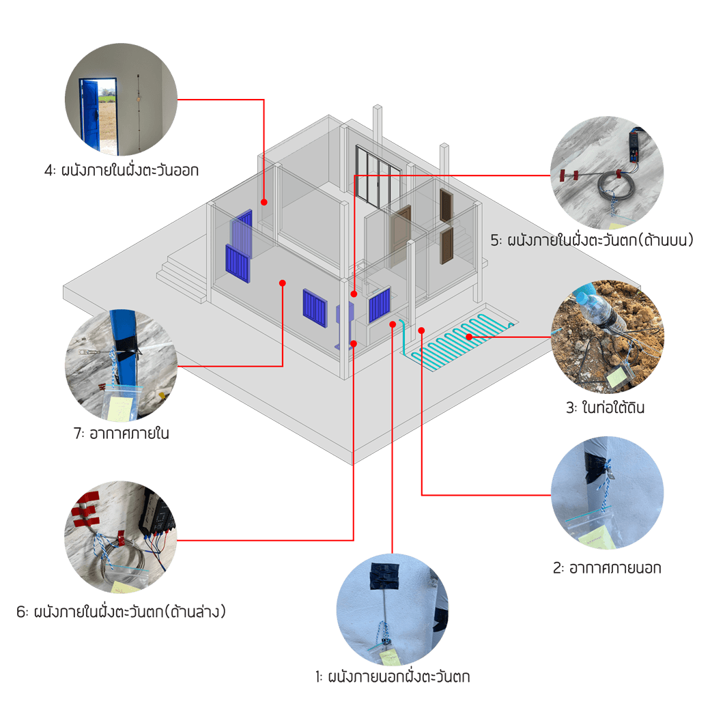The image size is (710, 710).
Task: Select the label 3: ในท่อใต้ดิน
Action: point(605,408)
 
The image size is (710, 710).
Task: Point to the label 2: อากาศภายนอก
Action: point(606,567)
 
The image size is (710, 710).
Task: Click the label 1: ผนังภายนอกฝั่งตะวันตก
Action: point(392,677)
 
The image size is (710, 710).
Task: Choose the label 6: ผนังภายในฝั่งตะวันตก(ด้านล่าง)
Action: point(121,611)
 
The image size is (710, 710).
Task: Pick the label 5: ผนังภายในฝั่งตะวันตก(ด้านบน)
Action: point(592,240)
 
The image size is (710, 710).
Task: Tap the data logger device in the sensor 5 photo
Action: point(634,149)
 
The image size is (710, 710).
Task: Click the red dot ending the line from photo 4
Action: point(264,201)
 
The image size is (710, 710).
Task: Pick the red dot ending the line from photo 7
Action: point(283,282)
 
